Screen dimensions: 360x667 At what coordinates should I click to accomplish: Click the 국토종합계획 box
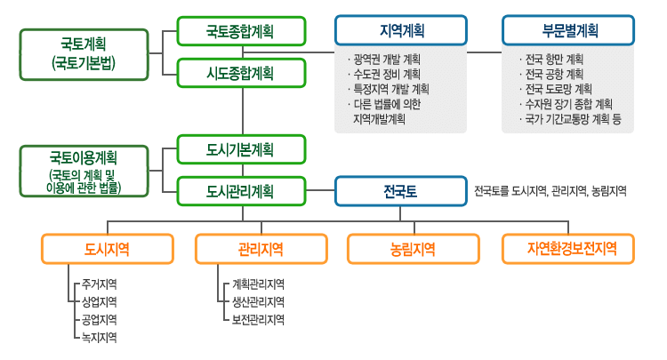pos(240,31)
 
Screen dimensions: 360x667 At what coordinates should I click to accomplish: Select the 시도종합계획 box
pos(240,72)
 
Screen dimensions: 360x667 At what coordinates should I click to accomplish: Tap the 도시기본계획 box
pos(240,149)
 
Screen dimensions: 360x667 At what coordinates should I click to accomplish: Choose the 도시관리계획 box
pos(240,190)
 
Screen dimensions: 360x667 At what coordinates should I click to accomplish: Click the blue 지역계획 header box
pos(402,30)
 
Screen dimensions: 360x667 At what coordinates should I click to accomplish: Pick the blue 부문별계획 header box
pos(568,30)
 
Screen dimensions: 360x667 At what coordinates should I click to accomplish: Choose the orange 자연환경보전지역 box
pos(568,249)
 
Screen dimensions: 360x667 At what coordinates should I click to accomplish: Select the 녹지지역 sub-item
pos(99,337)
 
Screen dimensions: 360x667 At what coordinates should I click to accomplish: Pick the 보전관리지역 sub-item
pos(258,319)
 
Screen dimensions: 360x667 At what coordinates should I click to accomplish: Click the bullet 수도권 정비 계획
pos(387,74)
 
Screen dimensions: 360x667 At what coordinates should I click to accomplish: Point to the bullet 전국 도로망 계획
pos(556,89)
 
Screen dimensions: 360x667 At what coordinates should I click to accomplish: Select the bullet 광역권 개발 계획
pos(387,60)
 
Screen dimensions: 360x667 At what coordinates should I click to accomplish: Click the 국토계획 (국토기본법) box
pos(84,53)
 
